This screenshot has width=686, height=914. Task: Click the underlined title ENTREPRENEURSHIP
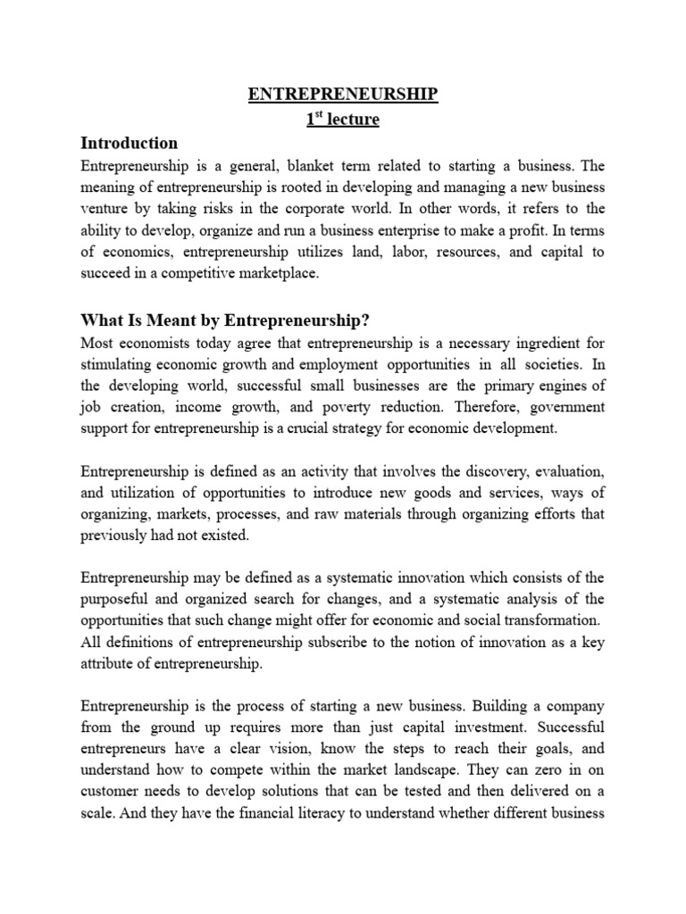tap(343, 96)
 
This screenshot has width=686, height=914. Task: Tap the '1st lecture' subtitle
tap(343, 120)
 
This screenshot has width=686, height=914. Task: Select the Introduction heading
tap(130, 143)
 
